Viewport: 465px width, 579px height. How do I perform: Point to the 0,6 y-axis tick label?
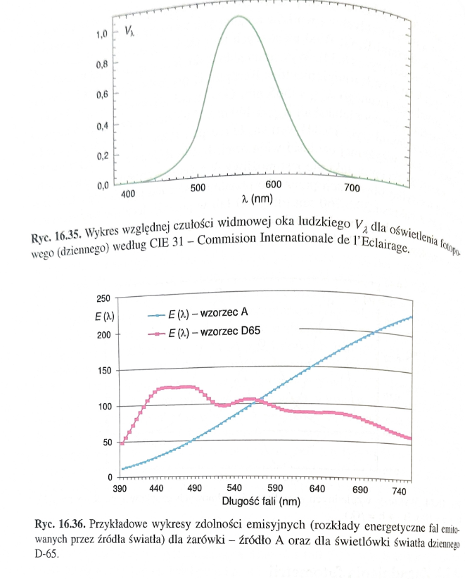pos(101,94)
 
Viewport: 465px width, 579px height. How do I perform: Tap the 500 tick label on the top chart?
pos(199,188)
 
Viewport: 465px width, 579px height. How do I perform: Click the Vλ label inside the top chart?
pos(130,31)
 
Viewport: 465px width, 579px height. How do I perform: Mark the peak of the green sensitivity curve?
pos(239,16)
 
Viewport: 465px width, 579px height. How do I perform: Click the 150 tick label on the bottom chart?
pos(103,371)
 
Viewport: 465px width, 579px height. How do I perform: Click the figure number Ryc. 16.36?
pos(60,524)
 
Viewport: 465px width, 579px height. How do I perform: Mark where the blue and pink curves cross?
pos(260,401)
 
